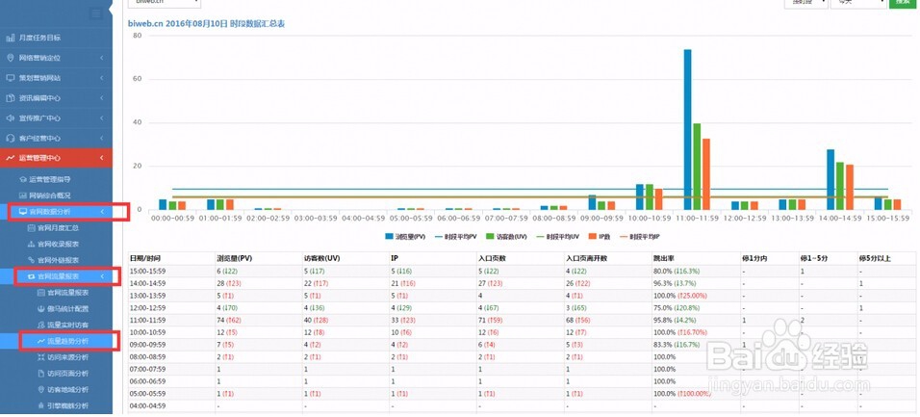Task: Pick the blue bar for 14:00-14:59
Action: point(831,179)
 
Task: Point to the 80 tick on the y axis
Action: point(138,36)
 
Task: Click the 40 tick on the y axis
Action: point(138,122)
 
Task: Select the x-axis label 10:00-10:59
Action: point(650,219)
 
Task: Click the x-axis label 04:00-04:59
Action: point(364,219)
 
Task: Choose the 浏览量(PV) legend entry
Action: point(404,235)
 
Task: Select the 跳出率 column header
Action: point(665,258)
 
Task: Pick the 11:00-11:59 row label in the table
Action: point(149,319)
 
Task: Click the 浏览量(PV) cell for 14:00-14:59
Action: point(231,283)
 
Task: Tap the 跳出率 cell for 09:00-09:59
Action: point(677,344)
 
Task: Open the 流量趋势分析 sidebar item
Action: point(67,341)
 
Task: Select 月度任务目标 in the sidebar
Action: point(39,38)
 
